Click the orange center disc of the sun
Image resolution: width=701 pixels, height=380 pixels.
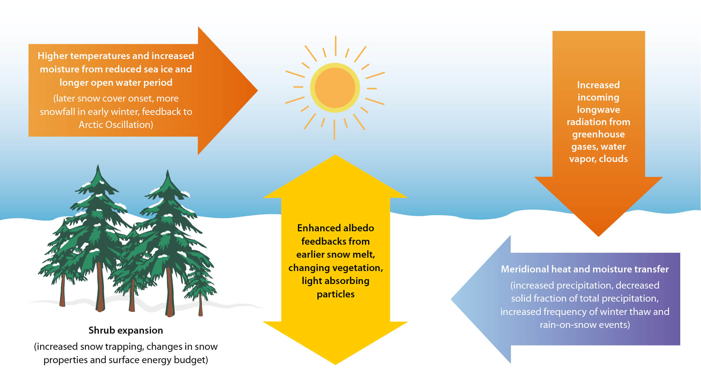point(335,88)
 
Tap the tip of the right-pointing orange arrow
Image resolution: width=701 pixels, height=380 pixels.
point(258,90)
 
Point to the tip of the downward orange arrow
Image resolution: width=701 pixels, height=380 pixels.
point(598,236)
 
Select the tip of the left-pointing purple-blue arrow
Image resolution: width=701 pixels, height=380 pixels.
point(451,300)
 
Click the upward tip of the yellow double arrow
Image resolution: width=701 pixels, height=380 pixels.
point(335,155)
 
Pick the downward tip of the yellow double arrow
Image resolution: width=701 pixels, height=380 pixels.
point(335,364)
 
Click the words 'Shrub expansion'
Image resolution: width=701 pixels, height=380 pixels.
point(126,330)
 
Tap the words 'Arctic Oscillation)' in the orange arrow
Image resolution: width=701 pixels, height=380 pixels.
point(116,125)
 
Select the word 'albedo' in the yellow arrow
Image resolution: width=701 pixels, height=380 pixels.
point(359,228)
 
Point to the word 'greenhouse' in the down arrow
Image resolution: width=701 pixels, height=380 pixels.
point(598,134)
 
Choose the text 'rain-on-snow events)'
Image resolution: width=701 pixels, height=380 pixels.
point(585,325)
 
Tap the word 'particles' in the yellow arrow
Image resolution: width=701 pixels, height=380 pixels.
point(335,294)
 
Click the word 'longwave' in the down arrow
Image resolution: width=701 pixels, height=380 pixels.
point(598,110)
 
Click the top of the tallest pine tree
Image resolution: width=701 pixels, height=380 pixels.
point(98,165)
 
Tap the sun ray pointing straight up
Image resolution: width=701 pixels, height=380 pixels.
point(335,46)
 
